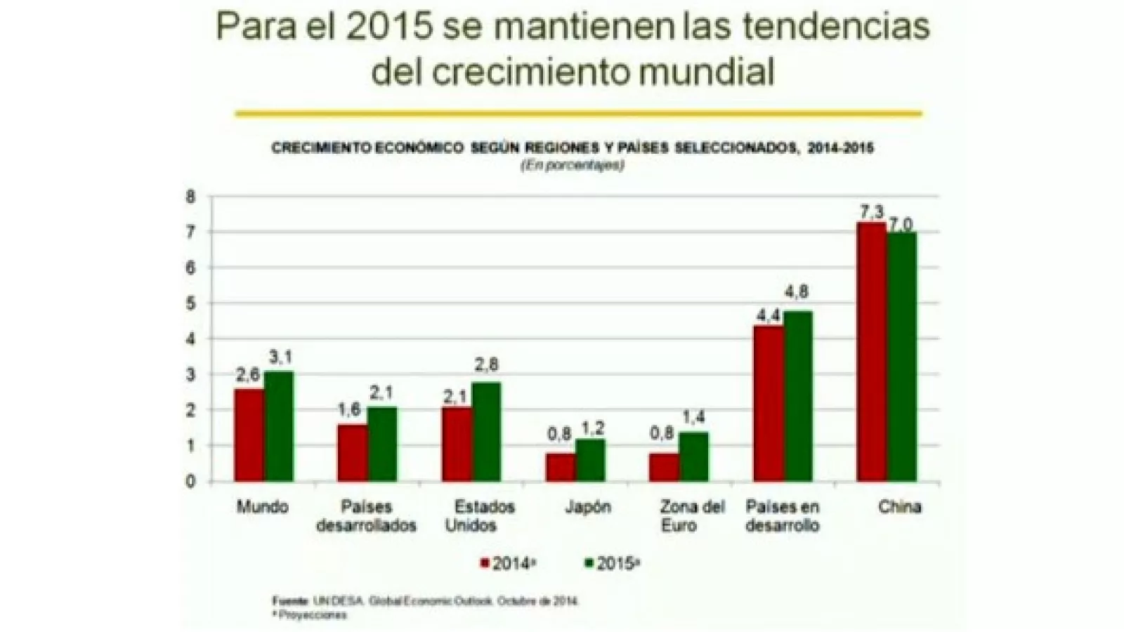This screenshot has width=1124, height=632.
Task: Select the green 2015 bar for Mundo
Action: click(x=279, y=426)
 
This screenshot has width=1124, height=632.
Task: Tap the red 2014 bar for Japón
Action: click(x=560, y=467)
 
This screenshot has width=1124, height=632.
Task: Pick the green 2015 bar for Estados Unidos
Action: click(x=486, y=432)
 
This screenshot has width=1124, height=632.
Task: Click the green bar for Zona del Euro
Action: click(x=693, y=456)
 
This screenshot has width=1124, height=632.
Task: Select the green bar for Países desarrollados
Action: click(x=382, y=444)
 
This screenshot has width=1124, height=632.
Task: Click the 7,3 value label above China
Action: click(x=872, y=211)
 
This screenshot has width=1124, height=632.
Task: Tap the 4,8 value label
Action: click(x=797, y=291)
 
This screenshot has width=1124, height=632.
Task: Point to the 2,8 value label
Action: click(x=486, y=364)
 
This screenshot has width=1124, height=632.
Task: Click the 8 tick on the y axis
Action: click(x=190, y=197)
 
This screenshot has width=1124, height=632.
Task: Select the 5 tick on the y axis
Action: click(x=190, y=303)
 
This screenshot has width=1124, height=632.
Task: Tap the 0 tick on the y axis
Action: click(x=190, y=482)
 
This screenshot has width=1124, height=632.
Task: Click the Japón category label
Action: click(x=588, y=507)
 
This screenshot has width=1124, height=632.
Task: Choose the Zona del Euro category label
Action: click(x=691, y=516)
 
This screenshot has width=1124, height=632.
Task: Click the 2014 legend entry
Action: click(x=508, y=563)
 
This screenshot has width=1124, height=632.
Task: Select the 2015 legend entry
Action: click(x=613, y=563)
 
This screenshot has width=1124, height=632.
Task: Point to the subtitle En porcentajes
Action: click(x=572, y=166)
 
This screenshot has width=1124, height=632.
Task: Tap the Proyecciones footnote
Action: click(x=311, y=615)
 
